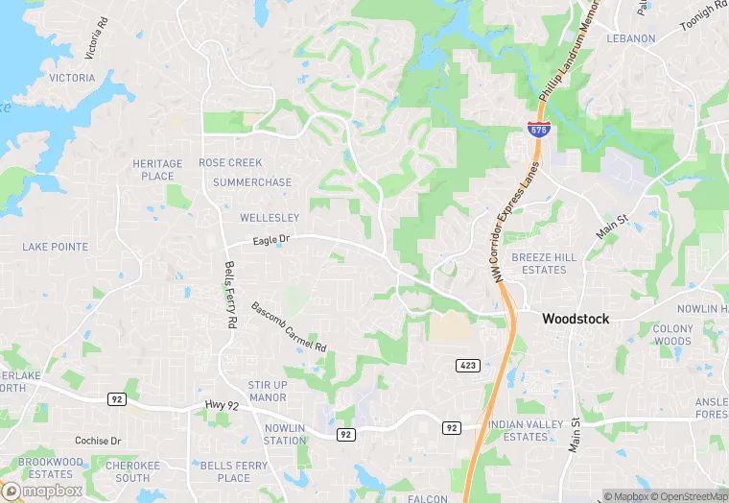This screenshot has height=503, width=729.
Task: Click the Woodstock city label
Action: click(x=576, y=319)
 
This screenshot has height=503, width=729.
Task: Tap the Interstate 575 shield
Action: click(x=539, y=130)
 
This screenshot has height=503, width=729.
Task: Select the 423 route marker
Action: click(x=466, y=365)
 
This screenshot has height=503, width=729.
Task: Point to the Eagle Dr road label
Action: click(x=271, y=241)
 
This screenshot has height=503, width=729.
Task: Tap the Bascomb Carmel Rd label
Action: click(x=289, y=326)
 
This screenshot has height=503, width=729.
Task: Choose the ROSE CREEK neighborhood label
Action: click(x=230, y=163)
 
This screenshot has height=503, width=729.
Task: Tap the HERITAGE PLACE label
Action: click(x=157, y=170)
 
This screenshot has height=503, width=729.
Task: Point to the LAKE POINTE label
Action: click(x=56, y=247)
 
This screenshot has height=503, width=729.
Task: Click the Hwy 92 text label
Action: click(x=222, y=406)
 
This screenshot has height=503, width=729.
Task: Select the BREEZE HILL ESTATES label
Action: click(x=545, y=264)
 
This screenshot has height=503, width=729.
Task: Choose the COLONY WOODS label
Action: click(x=672, y=335)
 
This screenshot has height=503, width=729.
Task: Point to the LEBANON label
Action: click(x=630, y=38)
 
